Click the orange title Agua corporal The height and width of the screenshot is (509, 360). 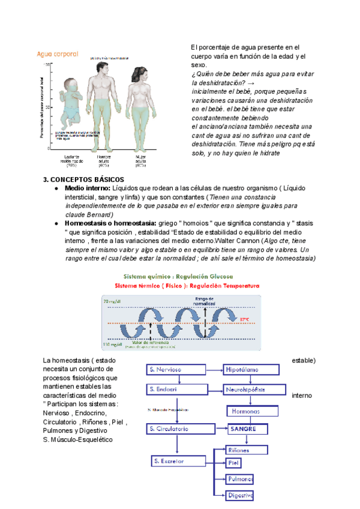click(x=58, y=54)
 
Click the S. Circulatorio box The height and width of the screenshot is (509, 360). click(x=176, y=429)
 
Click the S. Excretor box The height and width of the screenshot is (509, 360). click(x=175, y=461)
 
